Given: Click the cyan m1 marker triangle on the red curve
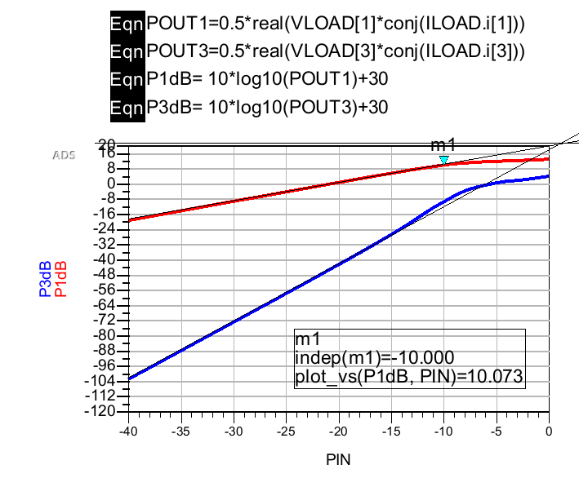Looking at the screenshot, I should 443,160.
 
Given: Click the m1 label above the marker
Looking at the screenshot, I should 443,145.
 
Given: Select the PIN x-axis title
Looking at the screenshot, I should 338,458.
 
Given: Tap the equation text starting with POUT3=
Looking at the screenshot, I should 335,52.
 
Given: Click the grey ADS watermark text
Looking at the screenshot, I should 64,154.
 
